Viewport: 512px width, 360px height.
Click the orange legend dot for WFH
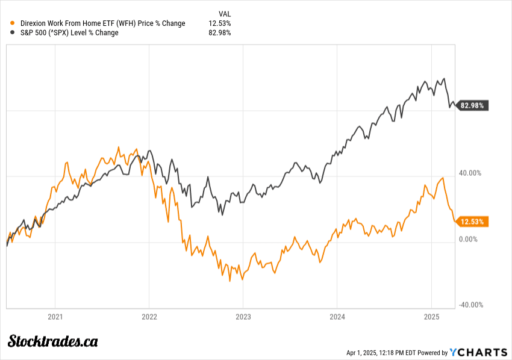click(13, 23)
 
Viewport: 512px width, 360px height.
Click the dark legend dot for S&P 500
click(13, 33)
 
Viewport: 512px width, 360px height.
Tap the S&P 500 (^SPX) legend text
click(69, 33)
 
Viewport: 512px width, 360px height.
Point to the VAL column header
click(223, 13)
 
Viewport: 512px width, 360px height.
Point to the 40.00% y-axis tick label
click(471, 173)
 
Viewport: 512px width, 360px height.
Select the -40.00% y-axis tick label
click(470, 305)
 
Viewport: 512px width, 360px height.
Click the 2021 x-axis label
click(55, 316)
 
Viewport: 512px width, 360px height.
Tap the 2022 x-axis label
click(149, 316)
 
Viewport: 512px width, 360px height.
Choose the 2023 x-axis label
click(243, 316)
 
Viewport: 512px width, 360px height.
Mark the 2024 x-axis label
click(337, 316)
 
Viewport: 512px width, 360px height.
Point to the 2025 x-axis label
click(431, 316)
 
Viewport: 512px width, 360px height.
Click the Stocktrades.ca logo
click(53, 341)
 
